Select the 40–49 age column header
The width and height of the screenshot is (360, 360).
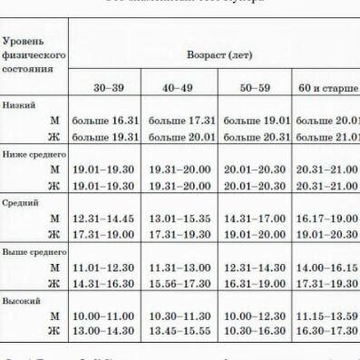182,88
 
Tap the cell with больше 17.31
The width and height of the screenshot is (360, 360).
182,121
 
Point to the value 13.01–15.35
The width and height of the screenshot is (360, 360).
182,219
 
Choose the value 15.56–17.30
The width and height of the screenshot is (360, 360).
182,283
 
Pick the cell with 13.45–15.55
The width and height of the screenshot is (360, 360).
182,331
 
